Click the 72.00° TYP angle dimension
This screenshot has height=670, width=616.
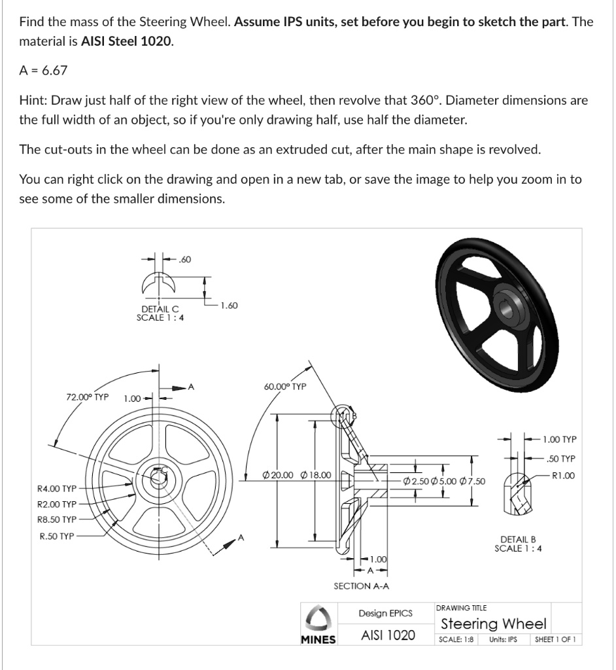pyautogui.click(x=87, y=397)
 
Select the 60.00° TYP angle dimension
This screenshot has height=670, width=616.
pyautogui.click(x=285, y=387)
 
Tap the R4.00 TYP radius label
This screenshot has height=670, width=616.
pyautogui.click(x=57, y=488)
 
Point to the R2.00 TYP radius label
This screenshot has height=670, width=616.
pyautogui.click(x=57, y=504)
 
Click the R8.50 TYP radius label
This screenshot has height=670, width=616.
pyautogui.click(x=57, y=520)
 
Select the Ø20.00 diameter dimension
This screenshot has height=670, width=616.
pyautogui.click(x=277, y=474)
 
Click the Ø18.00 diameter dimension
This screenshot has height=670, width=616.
pyautogui.click(x=315, y=474)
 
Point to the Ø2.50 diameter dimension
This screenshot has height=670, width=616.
pyautogui.click(x=416, y=482)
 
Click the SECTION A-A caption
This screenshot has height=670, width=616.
pyautogui.click(x=361, y=586)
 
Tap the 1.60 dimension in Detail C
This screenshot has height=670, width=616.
pyautogui.click(x=230, y=304)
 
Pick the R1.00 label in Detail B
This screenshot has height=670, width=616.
pyautogui.click(x=563, y=476)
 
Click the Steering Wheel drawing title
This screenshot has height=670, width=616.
pyautogui.click(x=494, y=624)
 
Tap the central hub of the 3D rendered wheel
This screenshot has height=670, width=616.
pyautogui.click(x=505, y=304)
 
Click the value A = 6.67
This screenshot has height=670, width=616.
pyautogui.click(x=43, y=69)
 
